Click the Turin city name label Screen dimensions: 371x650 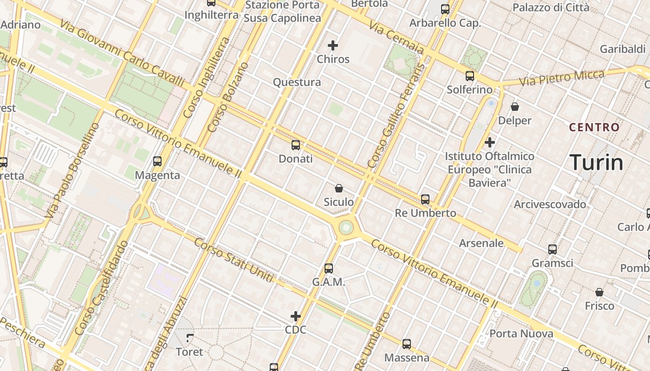point(596,162)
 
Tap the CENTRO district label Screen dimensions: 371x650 point(594,127)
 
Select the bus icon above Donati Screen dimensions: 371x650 point(296,145)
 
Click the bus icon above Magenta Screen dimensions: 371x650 point(157,161)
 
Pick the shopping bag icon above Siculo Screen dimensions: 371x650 point(339,188)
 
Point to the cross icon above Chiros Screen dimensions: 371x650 point(333,45)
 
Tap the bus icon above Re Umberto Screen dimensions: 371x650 point(425,199)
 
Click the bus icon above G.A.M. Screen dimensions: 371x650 point(329,268)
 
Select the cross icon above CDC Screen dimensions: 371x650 point(296,316)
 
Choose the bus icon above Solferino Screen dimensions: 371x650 point(470,76)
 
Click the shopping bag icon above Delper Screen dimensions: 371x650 point(515,107)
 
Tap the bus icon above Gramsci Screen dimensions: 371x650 point(552,249)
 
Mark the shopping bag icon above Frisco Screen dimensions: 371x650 point(599,292)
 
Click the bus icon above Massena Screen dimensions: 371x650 point(407,344)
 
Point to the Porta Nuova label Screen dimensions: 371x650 point(521,333)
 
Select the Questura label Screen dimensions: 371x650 point(297,83)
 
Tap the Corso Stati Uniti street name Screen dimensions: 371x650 point(234,260)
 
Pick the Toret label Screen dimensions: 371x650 point(189,352)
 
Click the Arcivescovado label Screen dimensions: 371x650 point(550,205)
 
